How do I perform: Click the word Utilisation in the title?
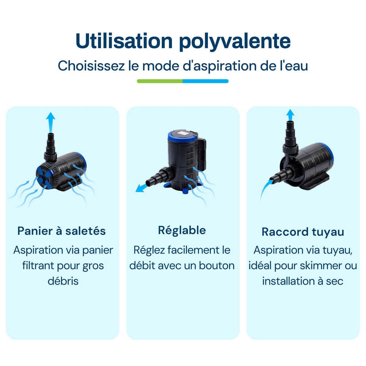click(124, 41)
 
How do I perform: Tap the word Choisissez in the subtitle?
click(91, 66)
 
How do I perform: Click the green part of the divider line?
click(160, 81)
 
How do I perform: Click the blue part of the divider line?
click(205, 81)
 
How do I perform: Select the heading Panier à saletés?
click(62, 231)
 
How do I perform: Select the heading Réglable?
click(182, 230)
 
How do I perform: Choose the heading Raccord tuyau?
click(303, 232)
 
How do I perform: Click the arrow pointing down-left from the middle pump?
click(141, 188)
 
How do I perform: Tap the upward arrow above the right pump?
click(290, 115)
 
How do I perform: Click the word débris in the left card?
click(63, 281)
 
